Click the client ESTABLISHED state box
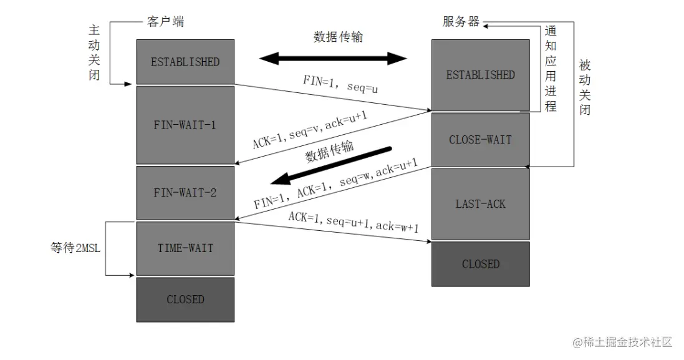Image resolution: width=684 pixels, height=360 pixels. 185,62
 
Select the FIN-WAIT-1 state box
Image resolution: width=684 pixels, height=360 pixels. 185,125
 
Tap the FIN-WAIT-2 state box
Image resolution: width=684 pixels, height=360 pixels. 185,193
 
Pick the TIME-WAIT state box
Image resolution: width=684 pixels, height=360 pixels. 185,248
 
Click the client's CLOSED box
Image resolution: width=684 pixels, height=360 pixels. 185,299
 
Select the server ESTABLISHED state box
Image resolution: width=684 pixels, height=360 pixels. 480,75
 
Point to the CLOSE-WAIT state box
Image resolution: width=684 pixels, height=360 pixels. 480,140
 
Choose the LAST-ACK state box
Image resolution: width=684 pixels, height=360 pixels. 480,204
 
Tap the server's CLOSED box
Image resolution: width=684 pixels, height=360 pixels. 480,264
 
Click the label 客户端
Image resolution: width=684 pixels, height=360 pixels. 165,22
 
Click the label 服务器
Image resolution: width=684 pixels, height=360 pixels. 461,22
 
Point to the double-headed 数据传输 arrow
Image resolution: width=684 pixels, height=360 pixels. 333,59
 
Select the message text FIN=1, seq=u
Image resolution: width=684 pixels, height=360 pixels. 341,84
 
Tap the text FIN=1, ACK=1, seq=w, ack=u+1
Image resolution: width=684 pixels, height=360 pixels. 335,185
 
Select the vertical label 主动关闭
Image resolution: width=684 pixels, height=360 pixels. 94,53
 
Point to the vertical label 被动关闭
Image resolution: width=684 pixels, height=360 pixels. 584,87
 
